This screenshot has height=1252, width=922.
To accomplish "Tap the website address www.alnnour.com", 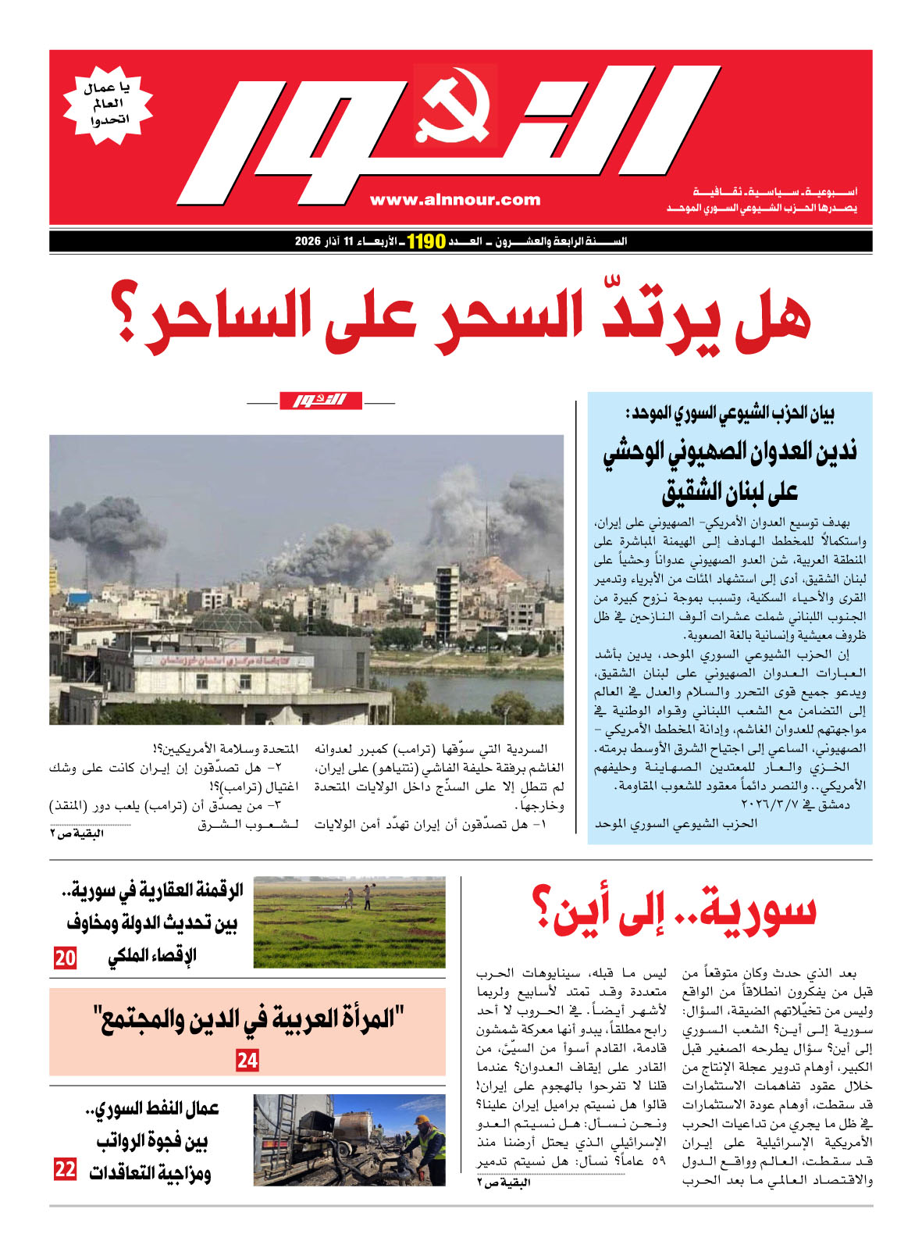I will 455,200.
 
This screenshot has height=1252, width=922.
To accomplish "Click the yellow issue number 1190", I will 425,241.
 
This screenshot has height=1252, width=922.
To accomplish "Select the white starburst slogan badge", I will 108,105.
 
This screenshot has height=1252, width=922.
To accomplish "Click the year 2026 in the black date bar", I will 308,241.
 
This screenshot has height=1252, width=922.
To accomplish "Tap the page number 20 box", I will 65,958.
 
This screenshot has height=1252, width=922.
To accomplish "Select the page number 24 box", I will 247,1061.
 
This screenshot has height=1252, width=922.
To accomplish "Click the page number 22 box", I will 65,1169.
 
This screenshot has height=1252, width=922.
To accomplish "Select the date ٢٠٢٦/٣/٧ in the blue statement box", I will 781,804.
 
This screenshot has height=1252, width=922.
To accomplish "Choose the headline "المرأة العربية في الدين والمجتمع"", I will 247,1018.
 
